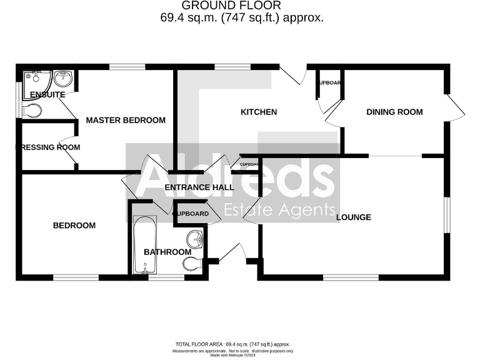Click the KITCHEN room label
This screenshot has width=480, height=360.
pyautogui.click(x=259, y=112)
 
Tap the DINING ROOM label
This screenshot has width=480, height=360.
pyautogui.click(x=394, y=112)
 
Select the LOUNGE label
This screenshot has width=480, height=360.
pyautogui.click(x=354, y=217)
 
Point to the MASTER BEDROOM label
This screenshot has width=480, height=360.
pyautogui.click(x=126, y=120)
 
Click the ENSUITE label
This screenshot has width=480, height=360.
pyautogui.click(x=48, y=95)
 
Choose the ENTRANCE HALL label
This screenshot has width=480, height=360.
pyautogui.click(x=199, y=187)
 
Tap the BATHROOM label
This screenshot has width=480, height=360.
pyautogui.click(x=167, y=252)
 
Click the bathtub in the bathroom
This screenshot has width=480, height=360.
pyautogui.click(x=145, y=244)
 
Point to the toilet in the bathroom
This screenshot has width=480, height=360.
pyautogui.click(x=192, y=264)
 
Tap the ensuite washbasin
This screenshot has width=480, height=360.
pyautogui.click(x=63, y=79)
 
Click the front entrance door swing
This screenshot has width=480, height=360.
pyautogui.click(x=232, y=252)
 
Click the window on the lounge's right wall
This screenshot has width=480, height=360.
pyautogui.click(x=447, y=216)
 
